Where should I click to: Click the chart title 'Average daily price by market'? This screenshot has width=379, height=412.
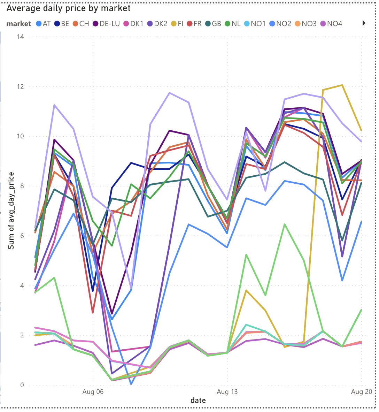click(69, 8)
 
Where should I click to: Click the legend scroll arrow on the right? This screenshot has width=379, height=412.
click(364, 23)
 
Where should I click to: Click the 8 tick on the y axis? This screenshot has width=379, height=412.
click(22, 186)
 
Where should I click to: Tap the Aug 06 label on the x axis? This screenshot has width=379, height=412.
click(93, 392)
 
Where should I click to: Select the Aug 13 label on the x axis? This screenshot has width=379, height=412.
click(227, 392)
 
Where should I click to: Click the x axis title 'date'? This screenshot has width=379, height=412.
click(198, 400)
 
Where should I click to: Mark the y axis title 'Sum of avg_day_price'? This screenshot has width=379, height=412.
click(11, 211)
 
